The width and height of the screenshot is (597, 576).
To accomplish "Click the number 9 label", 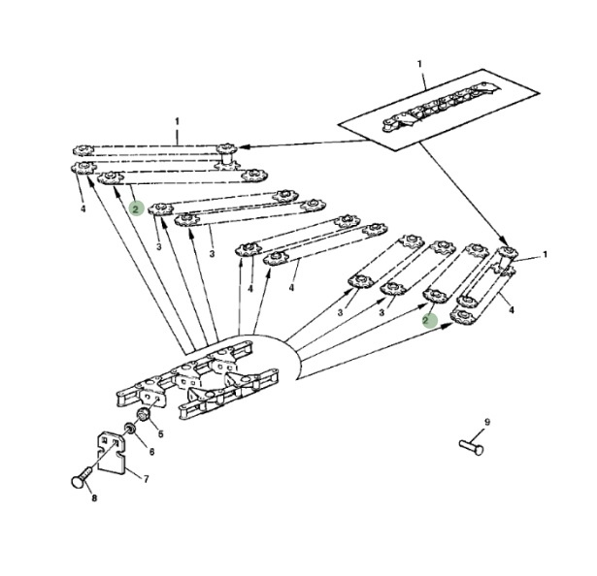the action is click(487, 422).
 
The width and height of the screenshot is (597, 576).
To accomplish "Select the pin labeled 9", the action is click(472, 447).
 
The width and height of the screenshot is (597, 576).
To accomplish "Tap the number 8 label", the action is click(94, 498).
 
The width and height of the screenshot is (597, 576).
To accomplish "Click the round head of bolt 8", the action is click(78, 482).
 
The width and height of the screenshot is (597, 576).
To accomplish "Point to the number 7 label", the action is click(147, 479).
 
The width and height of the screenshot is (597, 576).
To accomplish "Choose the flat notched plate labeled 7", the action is click(111, 453).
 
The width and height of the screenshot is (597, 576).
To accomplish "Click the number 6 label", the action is click(151, 452).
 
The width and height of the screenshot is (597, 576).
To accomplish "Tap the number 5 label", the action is click(161, 433).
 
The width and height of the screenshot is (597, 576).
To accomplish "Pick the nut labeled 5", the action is click(144, 415).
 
